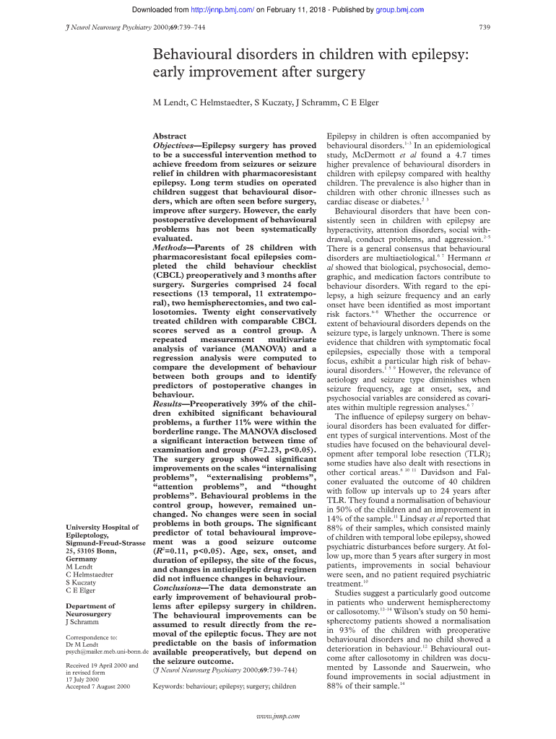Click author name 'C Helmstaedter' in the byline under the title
point(223,102)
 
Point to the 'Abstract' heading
point(169,136)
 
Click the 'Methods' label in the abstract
point(170,248)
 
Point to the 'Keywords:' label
point(172,686)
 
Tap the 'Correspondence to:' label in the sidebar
point(92,637)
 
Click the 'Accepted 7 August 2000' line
point(97,686)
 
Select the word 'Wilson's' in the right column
point(425,611)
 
